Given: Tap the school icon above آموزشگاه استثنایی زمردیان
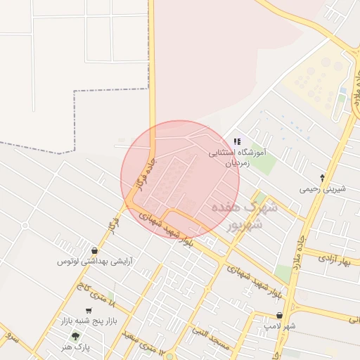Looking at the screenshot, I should (x=237, y=141).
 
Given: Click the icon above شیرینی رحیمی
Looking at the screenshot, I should (x=322, y=178).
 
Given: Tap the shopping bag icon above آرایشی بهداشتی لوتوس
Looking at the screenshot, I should (x=95, y=250).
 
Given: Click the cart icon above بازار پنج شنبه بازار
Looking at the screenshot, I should (x=89, y=311).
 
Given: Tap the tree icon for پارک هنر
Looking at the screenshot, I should (x=75, y=336).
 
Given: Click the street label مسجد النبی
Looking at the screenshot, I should (x=211, y=340).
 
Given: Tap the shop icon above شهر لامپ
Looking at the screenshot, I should (x=280, y=316).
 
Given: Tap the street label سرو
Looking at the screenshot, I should (x=10, y=335).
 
